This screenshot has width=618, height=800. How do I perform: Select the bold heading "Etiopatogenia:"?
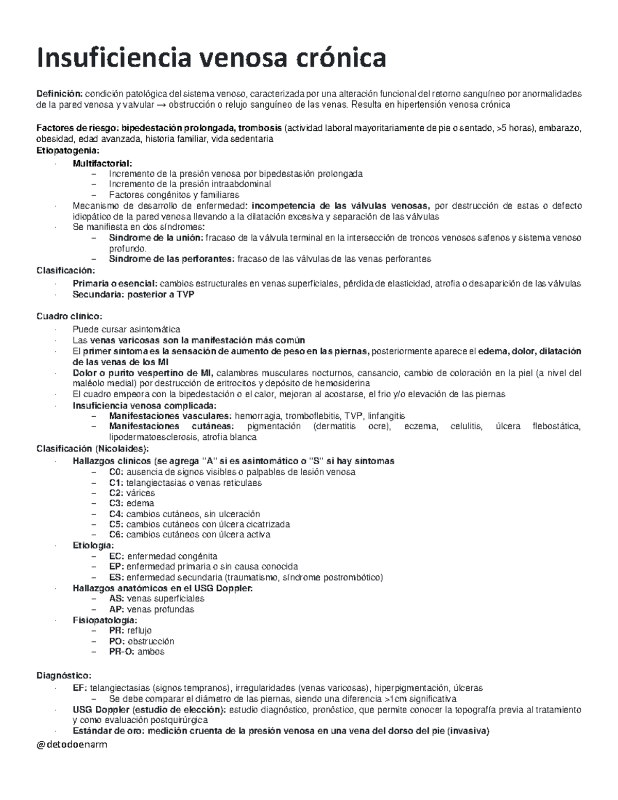tap(66, 150)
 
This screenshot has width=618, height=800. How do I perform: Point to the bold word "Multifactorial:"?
tap(99, 163)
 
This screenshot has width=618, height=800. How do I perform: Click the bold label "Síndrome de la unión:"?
tap(156, 238)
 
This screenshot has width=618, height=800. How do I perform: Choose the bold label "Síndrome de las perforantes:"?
tap(171, 259)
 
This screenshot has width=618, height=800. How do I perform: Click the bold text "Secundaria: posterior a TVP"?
tap(133, 295)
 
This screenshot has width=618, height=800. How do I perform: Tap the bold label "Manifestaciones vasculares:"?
tap(170, 416)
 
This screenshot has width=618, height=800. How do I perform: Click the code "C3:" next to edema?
tap(116, 503)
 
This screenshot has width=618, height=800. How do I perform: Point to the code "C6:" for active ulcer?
tap(116, 535)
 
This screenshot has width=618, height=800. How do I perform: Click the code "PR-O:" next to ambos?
tap(122, 652)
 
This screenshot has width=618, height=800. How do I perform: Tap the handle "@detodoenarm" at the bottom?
tap(72, 744)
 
